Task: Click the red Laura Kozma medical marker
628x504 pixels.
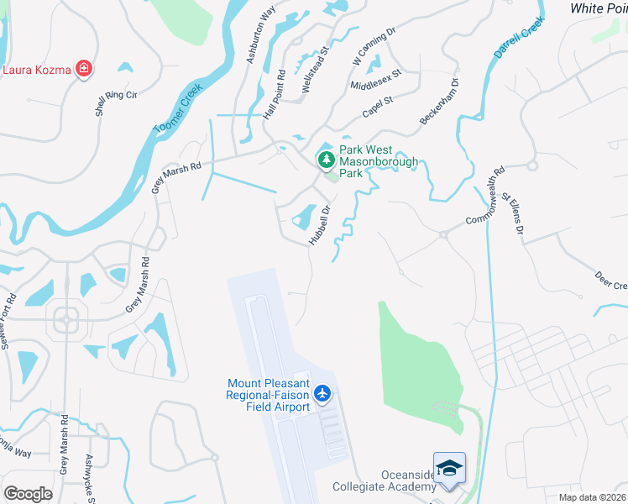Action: [x=83, y=69]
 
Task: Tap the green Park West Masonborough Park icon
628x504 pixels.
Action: [x=325, y=158]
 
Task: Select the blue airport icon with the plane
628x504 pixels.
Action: [x=322, y=393]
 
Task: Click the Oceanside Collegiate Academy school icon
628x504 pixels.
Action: [x=448, y=469]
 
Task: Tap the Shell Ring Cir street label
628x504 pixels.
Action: [x=116, y=97]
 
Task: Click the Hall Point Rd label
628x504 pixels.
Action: [x=275, y=92]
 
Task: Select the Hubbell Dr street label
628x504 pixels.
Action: [x=321, y=224]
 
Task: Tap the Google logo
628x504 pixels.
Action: [x=28, y=494]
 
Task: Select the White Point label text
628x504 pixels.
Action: [x=599, y=8]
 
